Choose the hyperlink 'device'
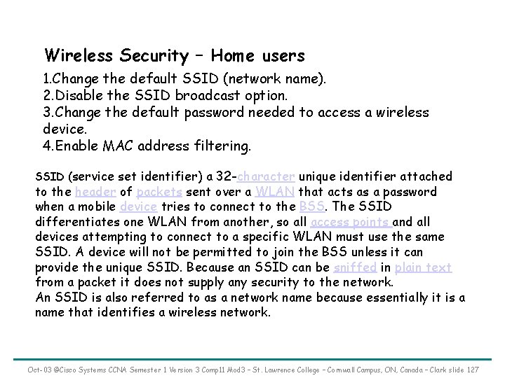click(138, 207)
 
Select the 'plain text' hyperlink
click(424, 267)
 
